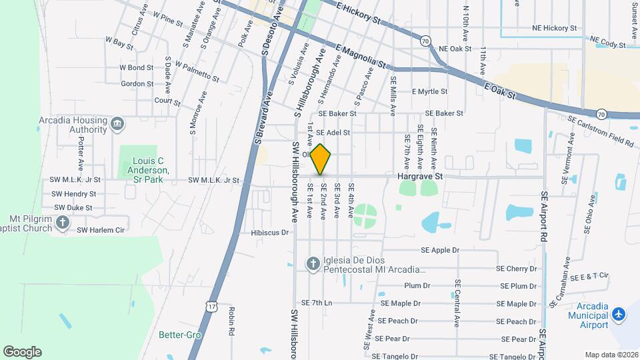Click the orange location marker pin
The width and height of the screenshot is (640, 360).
[321, 159]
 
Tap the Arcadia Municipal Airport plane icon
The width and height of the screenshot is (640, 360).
[619, 313]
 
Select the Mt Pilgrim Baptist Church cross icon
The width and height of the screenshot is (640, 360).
[63, 223]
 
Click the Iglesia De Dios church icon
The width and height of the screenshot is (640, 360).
[313, 264]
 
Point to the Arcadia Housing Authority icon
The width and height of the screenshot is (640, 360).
[117, 123]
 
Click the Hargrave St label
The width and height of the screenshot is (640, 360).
[420, 177]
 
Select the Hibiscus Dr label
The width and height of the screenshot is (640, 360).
[269, 233]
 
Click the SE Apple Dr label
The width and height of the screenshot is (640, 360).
[441, 251]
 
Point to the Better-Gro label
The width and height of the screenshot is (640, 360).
[176, 335]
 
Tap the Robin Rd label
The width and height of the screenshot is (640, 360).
[231, 321]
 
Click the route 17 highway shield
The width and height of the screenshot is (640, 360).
[211, 306]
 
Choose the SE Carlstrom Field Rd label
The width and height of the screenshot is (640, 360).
[600, 130]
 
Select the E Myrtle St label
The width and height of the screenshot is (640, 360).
[429, 91]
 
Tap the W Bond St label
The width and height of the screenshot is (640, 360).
[136, 67]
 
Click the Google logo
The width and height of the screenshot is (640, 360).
[22, 352]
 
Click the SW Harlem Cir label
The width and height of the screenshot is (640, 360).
[101, 230]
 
